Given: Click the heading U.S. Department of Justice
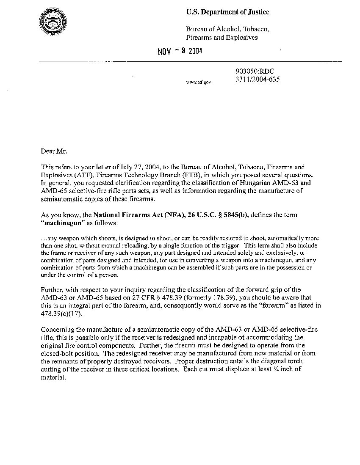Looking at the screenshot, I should pos(227,12).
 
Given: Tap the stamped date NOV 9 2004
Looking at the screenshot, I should pos(180,52).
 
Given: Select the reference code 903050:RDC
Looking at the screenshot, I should pos(251,72).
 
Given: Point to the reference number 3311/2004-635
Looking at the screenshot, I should pos(257,79).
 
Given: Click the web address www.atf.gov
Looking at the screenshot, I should pos(198,82).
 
